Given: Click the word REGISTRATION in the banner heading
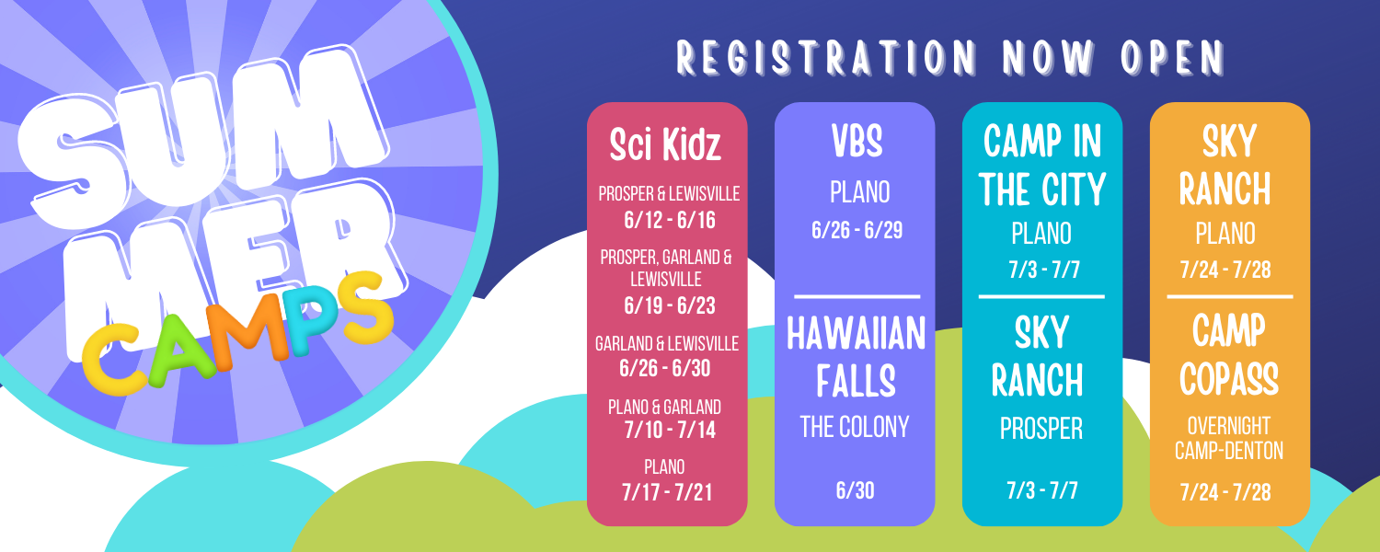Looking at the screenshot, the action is click(826, 58).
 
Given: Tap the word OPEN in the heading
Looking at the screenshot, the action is click(1173, 58).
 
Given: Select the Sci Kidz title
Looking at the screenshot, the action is click(665, 144).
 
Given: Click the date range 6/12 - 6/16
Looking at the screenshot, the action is click(670, 220).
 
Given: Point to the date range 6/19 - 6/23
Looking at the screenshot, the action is click(670, 305).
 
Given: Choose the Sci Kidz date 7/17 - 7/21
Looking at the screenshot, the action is click(667, 492).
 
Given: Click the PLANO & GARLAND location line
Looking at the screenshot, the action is click(664, 408).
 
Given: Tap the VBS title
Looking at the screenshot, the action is click(857, 141).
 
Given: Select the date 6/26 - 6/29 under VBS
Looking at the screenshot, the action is click(857, 230).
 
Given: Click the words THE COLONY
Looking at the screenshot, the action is click(855, 427).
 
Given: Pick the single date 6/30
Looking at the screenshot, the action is click(855, 490).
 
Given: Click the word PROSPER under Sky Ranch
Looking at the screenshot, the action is click(1041, 429).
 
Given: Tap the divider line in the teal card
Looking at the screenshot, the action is click(1041, 297).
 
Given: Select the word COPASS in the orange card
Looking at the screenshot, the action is click(1229, 378).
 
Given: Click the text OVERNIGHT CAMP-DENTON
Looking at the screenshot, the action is click(1229, 438).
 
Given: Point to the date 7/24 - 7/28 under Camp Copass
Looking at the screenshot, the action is click(1225, 492).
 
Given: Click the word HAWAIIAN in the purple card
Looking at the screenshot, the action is click(857, 334).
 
